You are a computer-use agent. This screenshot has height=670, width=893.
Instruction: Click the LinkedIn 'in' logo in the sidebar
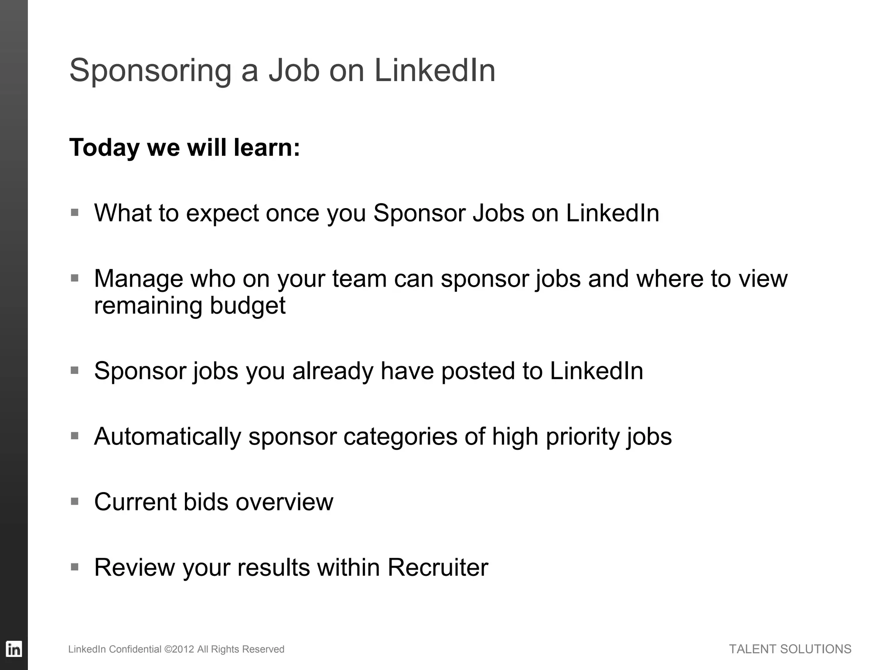pos(14,649)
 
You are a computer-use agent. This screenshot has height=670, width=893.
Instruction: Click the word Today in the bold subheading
pos(104,147)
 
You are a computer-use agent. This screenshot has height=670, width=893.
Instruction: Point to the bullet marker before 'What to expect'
pos(75,213)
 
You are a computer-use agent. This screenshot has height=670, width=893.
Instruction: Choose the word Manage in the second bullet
pos(138,279)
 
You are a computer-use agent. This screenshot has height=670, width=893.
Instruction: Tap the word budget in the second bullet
pos(247,305)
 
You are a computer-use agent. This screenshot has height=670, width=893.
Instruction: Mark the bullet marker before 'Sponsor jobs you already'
pos(75,371)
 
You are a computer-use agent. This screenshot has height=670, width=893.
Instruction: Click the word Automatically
pos(167,437)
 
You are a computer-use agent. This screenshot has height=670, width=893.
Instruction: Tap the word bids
pos(206,502)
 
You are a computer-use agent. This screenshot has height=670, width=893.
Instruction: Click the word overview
pos(284,502)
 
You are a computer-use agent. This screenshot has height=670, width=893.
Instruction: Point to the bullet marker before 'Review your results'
pos(75,567)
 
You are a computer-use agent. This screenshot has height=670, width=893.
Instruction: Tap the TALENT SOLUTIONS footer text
pos(790,649)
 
